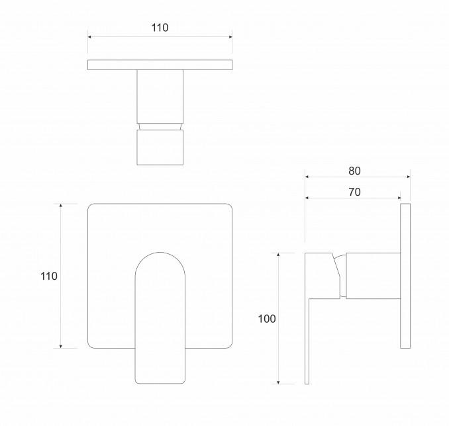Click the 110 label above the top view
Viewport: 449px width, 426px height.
pyautogui.click(x=160, y=28)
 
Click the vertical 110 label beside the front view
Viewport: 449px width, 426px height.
pyautogui.click(x=49, y=277)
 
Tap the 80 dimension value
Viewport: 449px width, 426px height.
pyautogui.click(x=354, y=171)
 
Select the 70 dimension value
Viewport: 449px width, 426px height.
pyautogui.click(x=354, y=192)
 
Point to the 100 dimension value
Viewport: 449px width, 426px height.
pyautogui.click(x=267, y=319)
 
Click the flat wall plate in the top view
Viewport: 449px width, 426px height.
pyautogui.click(x=160, y=65)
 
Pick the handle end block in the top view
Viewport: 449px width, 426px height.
pyautogui.click(x=160, y=148)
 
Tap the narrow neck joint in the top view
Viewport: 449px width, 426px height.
pyautogui.click(x=160, y=127)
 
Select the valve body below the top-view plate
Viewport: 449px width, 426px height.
pyautogui.click(x=160, y=97)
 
